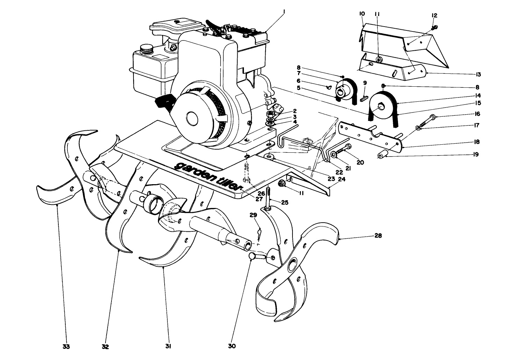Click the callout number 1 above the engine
(284, 12)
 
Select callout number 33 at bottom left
(66, 347)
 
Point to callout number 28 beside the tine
(378, 236)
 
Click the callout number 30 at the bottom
(232, 346)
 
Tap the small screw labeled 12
(435, 27)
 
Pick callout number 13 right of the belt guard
(478, 74)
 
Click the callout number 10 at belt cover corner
(362, 14)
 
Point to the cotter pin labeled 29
(259, 235)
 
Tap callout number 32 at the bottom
(106, 347)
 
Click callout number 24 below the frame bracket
(342, 178)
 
